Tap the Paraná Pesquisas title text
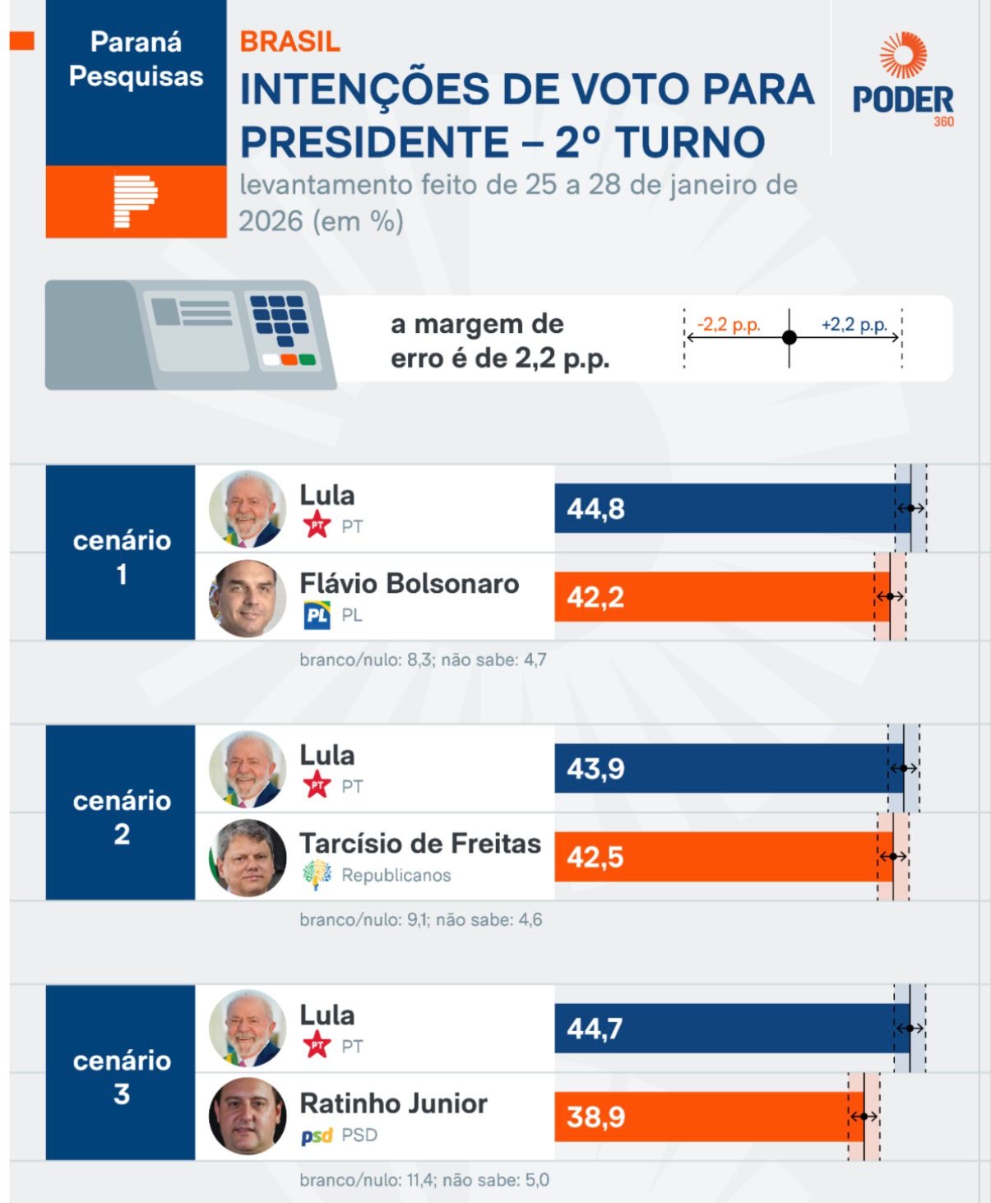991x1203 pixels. pyautogui.click(x=136, y=59)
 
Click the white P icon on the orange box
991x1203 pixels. pyautogui.click(x=136, y=201)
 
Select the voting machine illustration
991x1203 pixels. pyautogui.click(x=191, y=333)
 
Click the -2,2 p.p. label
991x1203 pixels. pyautogui.click(x=729, y=324)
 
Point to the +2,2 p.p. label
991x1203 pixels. pyautogui.click(x=854, y=324)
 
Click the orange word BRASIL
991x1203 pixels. pyautogui.click(x=289, y=42)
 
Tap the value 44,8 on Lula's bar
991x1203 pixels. pyautogui.click(x=595, y=509)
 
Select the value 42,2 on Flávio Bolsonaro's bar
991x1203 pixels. pyautogui.click(x=595, y=597)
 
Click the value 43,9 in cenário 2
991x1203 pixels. pyautogui.click(x=595, y=769)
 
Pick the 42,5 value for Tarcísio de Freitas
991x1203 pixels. pyautogui.click(x=595, y=858)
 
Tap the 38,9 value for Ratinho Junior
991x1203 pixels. pyautogui.click(x=595, y=1117)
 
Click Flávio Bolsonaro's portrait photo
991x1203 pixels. pyautogui.click(x=248, y=599)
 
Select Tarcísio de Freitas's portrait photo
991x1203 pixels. pyautogui.click(x=248, y=858)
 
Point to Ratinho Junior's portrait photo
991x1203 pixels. pyautogui.click(x=248, y=1117)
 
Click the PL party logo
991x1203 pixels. pyautogui.click(x=317, y=615)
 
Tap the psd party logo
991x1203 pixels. pyautogui.click(x=317, y=1136)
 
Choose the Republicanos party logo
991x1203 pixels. pyautogui.click(x=317, y=875)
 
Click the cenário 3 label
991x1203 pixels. pyautogui.click(x=122, y=1077)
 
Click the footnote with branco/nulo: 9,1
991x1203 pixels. pyautogui.click(x=420, y=919)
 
